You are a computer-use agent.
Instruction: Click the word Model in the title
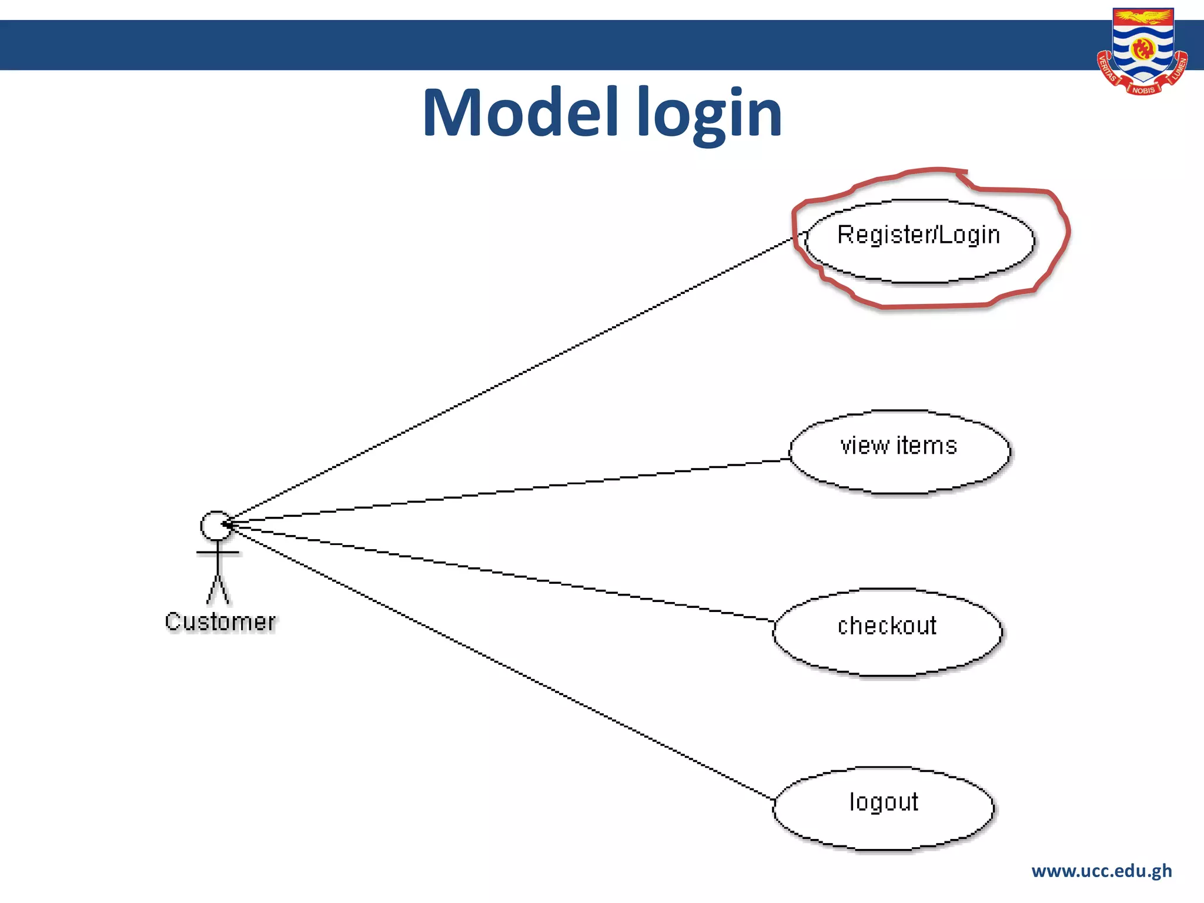tap(520, 113)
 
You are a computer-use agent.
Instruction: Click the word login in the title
tap(710, 114)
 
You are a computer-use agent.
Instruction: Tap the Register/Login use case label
tap(918, 235)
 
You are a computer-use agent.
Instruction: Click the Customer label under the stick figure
tap(220, 622)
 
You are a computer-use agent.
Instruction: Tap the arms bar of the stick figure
tap(218, 553)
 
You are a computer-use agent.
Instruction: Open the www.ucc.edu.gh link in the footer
tap(1101, 871)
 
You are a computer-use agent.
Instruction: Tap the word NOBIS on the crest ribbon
tap(1143, 90)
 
